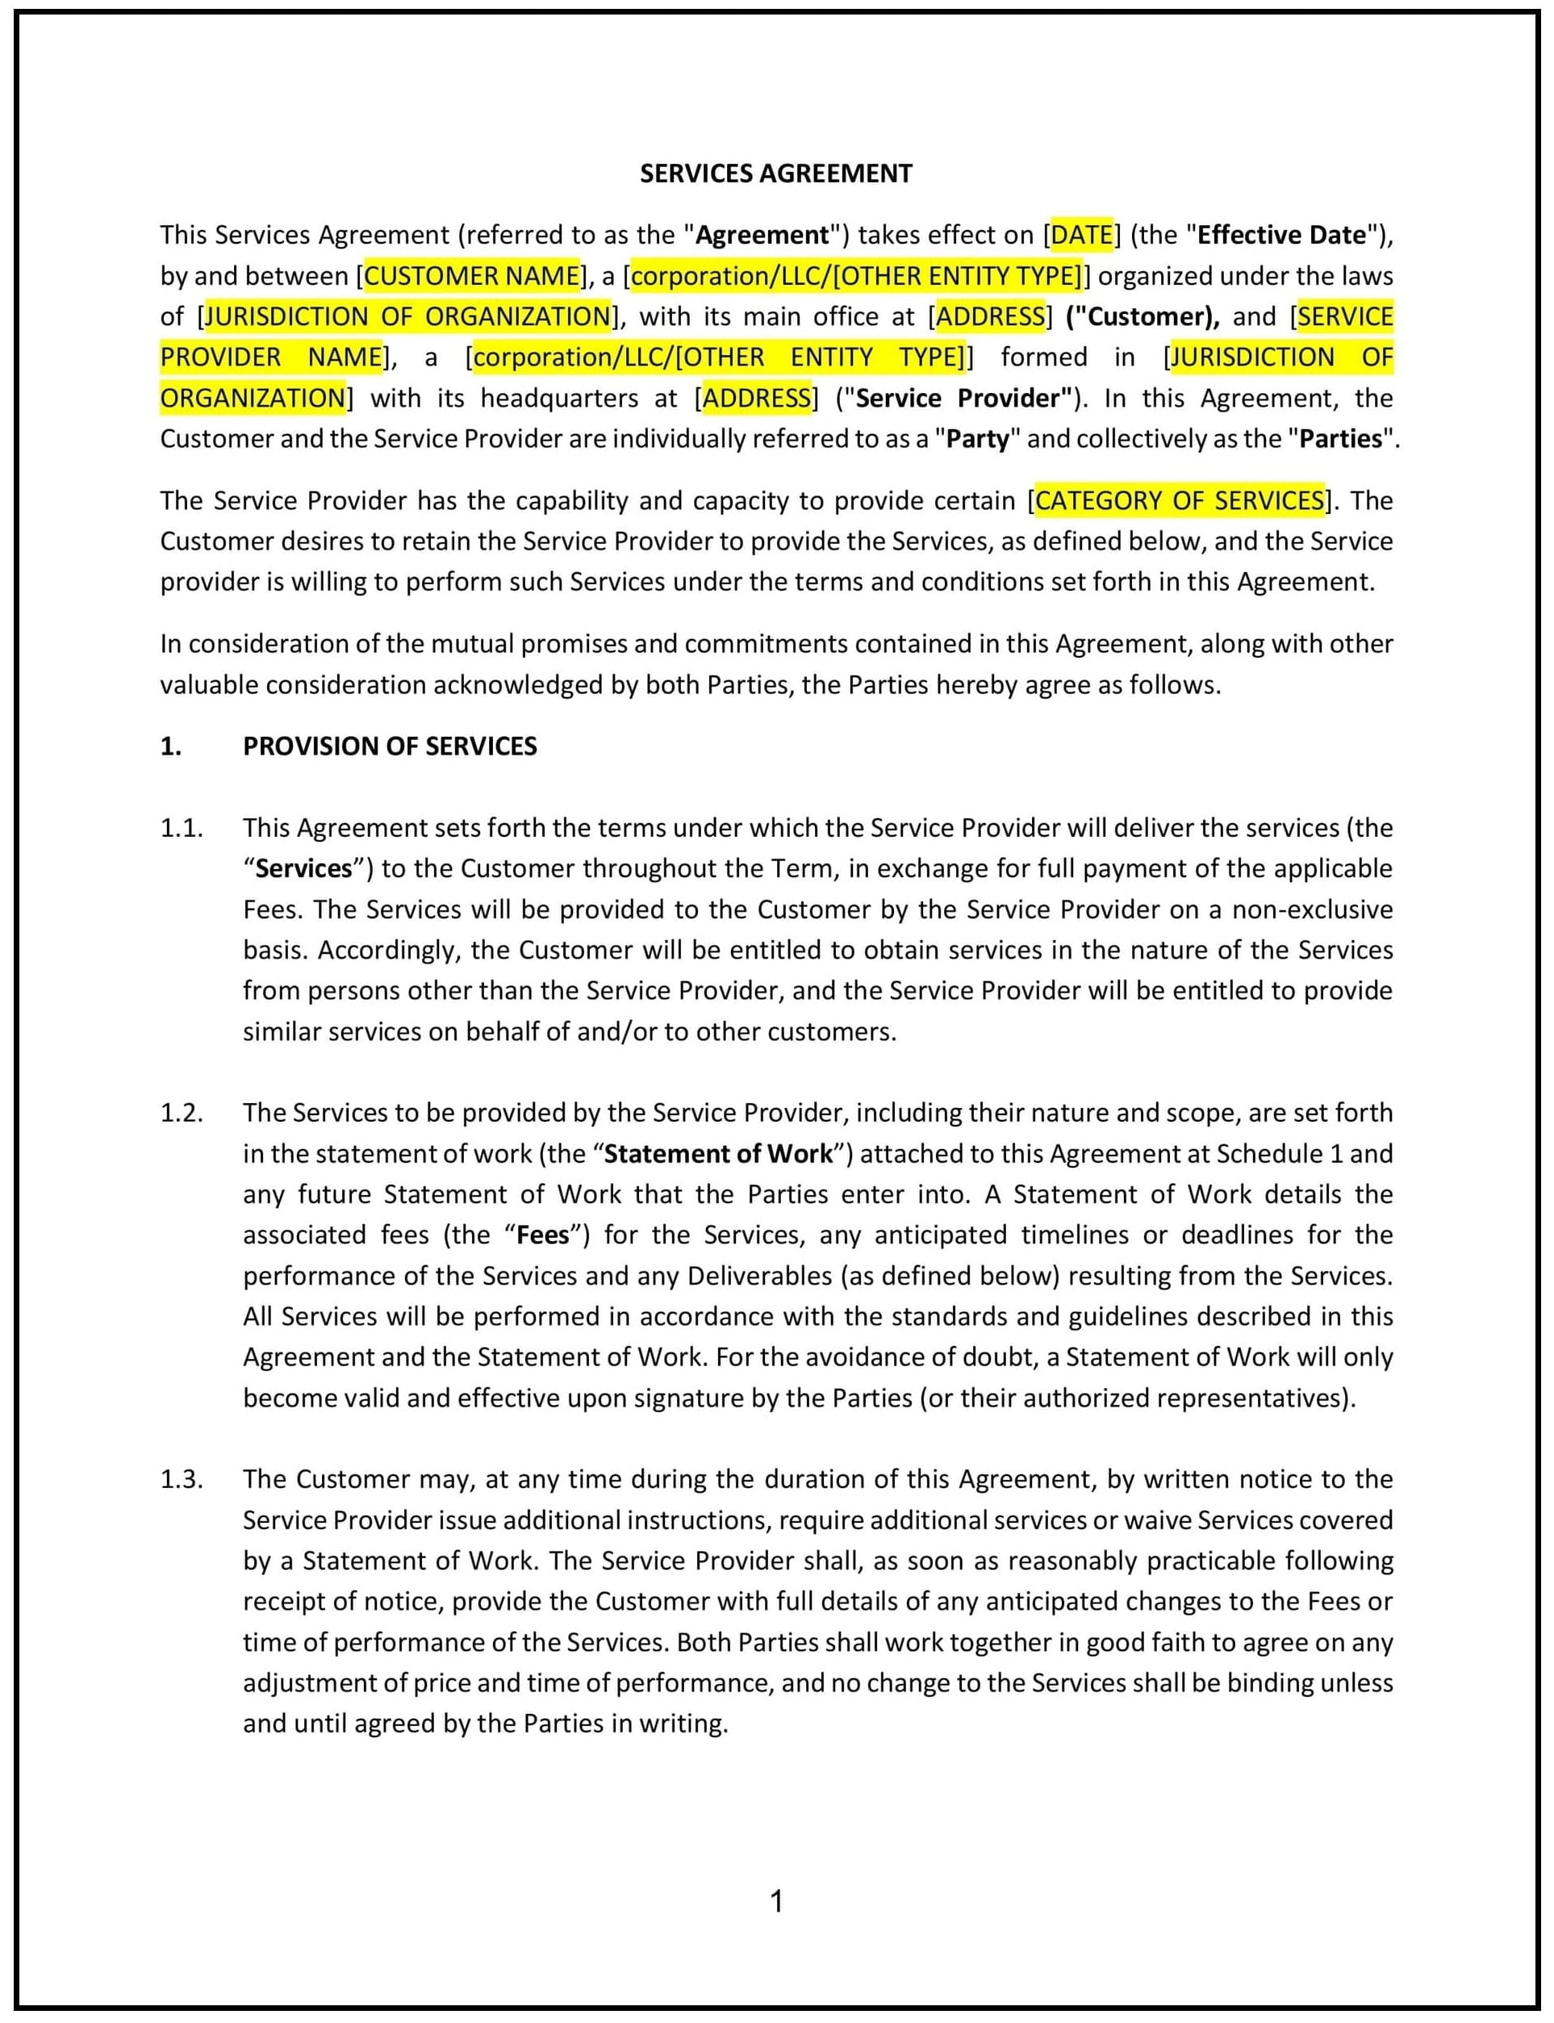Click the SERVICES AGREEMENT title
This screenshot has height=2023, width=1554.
pyautogui.click(x=776, y=174)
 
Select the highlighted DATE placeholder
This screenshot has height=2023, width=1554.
pyautogui.click(x=1081, y=235)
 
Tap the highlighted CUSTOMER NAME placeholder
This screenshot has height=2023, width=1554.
pyautogui.click(x=472, y=276)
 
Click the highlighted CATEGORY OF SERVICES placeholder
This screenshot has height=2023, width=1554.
pyautogui.click(x=1180, y=500)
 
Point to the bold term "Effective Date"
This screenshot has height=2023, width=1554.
pyautogui.click(x=1281, y=235)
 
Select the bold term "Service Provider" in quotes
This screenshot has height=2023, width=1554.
pyautogui.click(x=962, y=398)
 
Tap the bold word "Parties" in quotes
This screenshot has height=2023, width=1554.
pyautogui.click(x=1340, y=438)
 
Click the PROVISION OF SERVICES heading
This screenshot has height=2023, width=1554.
pyautogui.click(x=390, y=746)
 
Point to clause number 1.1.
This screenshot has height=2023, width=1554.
pyautogui.click(x=182, y=828)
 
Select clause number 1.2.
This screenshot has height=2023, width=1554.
pyautogui.click(x=182, y=1113)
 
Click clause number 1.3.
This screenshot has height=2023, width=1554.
pyautogui.click(x=182, y=1479)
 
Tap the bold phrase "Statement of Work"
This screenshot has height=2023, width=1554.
pyautogui.click(x=719, y=1153)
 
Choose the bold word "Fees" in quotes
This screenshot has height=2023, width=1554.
pyautogui.click(x=543, y=1235)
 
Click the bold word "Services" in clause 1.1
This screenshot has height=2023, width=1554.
pyautogui.click(x=303, y=868)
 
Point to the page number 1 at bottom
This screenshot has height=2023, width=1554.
pyautogui.click(x=777, y=1901)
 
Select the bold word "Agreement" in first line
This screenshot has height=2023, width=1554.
pyautogui.click(x=762, y=235)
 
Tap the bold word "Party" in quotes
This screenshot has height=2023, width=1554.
pyautogui.click(x=978, y=438)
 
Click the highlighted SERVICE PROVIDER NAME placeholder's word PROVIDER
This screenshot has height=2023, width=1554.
pyautogui.click(x=220, y=357)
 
